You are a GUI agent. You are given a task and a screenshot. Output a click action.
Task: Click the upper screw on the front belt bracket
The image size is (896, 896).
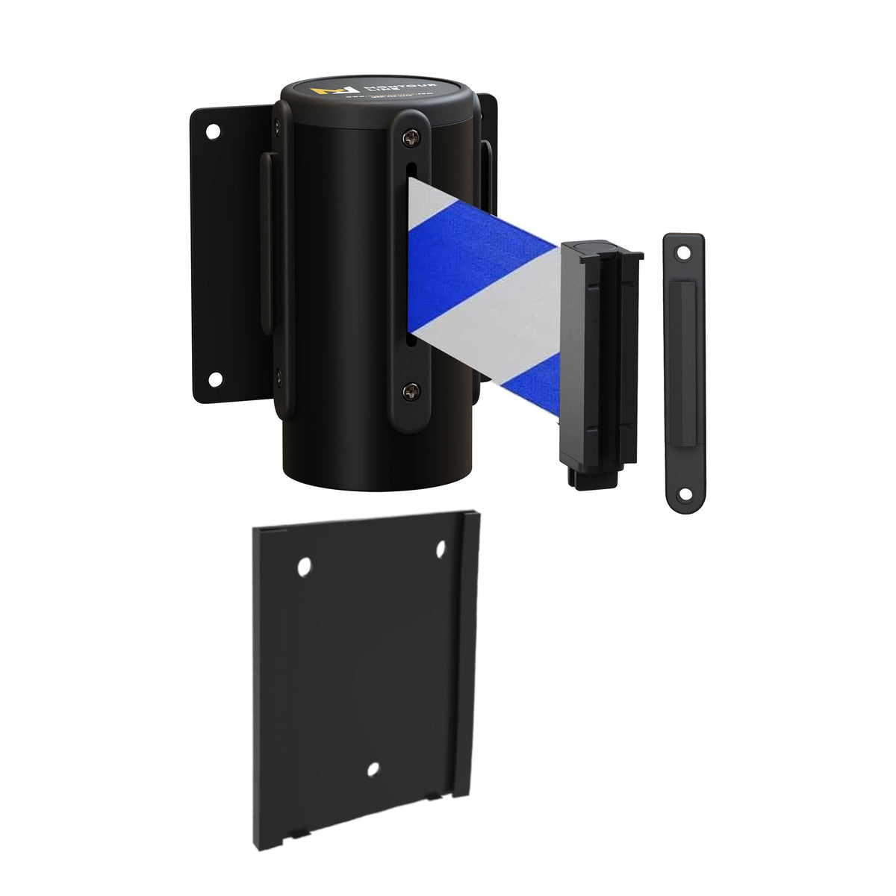point(411,138)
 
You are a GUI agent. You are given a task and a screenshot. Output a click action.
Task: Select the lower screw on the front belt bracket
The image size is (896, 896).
point(410,388)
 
